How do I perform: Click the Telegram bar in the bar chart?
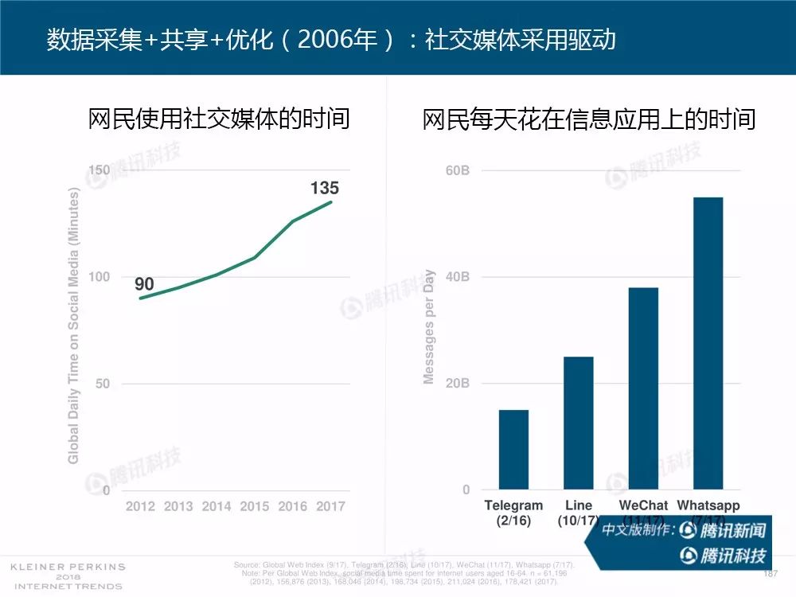(513, 449)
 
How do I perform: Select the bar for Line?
(579, 423)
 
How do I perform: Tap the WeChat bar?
(643, 388)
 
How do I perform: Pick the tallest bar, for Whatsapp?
(708, 343)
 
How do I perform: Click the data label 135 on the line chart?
(325, 188)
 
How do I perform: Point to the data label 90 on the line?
(144, 284)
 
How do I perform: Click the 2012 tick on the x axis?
(142, 506)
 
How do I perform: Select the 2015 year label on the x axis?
(255, 506)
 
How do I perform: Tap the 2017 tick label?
(330, 506)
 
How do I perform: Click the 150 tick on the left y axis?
(99, 170)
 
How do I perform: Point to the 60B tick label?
(457, 170)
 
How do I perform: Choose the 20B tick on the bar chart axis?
(457, 383)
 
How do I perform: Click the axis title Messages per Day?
(430, 327)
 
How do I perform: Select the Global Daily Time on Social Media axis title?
(74, 326)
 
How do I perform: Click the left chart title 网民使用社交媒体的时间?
(219, 119)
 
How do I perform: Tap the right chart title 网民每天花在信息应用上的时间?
(589, 119)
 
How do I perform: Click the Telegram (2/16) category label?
(513, 513)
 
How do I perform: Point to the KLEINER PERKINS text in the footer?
(68, 567)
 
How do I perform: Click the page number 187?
(770, 574)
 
